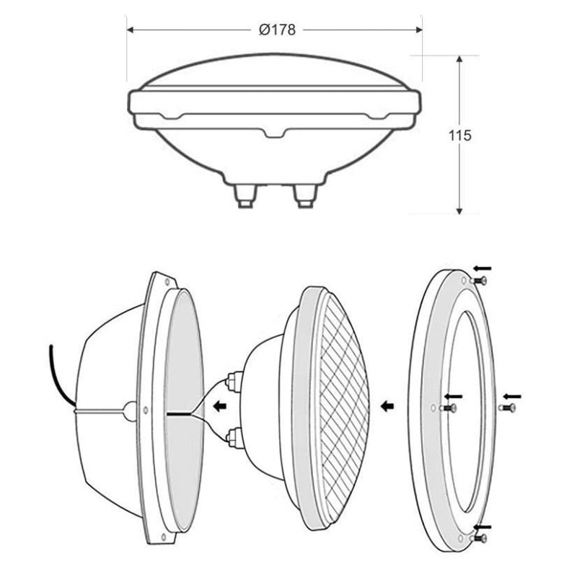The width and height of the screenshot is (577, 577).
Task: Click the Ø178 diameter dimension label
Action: [x=277, y=30]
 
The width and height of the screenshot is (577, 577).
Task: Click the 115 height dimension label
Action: [x=459, y=136]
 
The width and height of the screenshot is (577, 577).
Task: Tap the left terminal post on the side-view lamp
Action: [x=245, y=196]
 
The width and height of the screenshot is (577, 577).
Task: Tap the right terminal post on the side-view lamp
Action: [x=304, y=196]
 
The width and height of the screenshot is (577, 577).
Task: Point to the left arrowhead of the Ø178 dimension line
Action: [x=130, y=30]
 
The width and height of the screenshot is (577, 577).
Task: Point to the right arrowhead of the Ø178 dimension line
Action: [x=419, y=30]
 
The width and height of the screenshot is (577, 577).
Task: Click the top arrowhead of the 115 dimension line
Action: [x=459, y=59]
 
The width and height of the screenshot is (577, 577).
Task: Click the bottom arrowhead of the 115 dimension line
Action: [x=459, y=210]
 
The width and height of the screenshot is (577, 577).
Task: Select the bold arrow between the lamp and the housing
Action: [x=220, y=406]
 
